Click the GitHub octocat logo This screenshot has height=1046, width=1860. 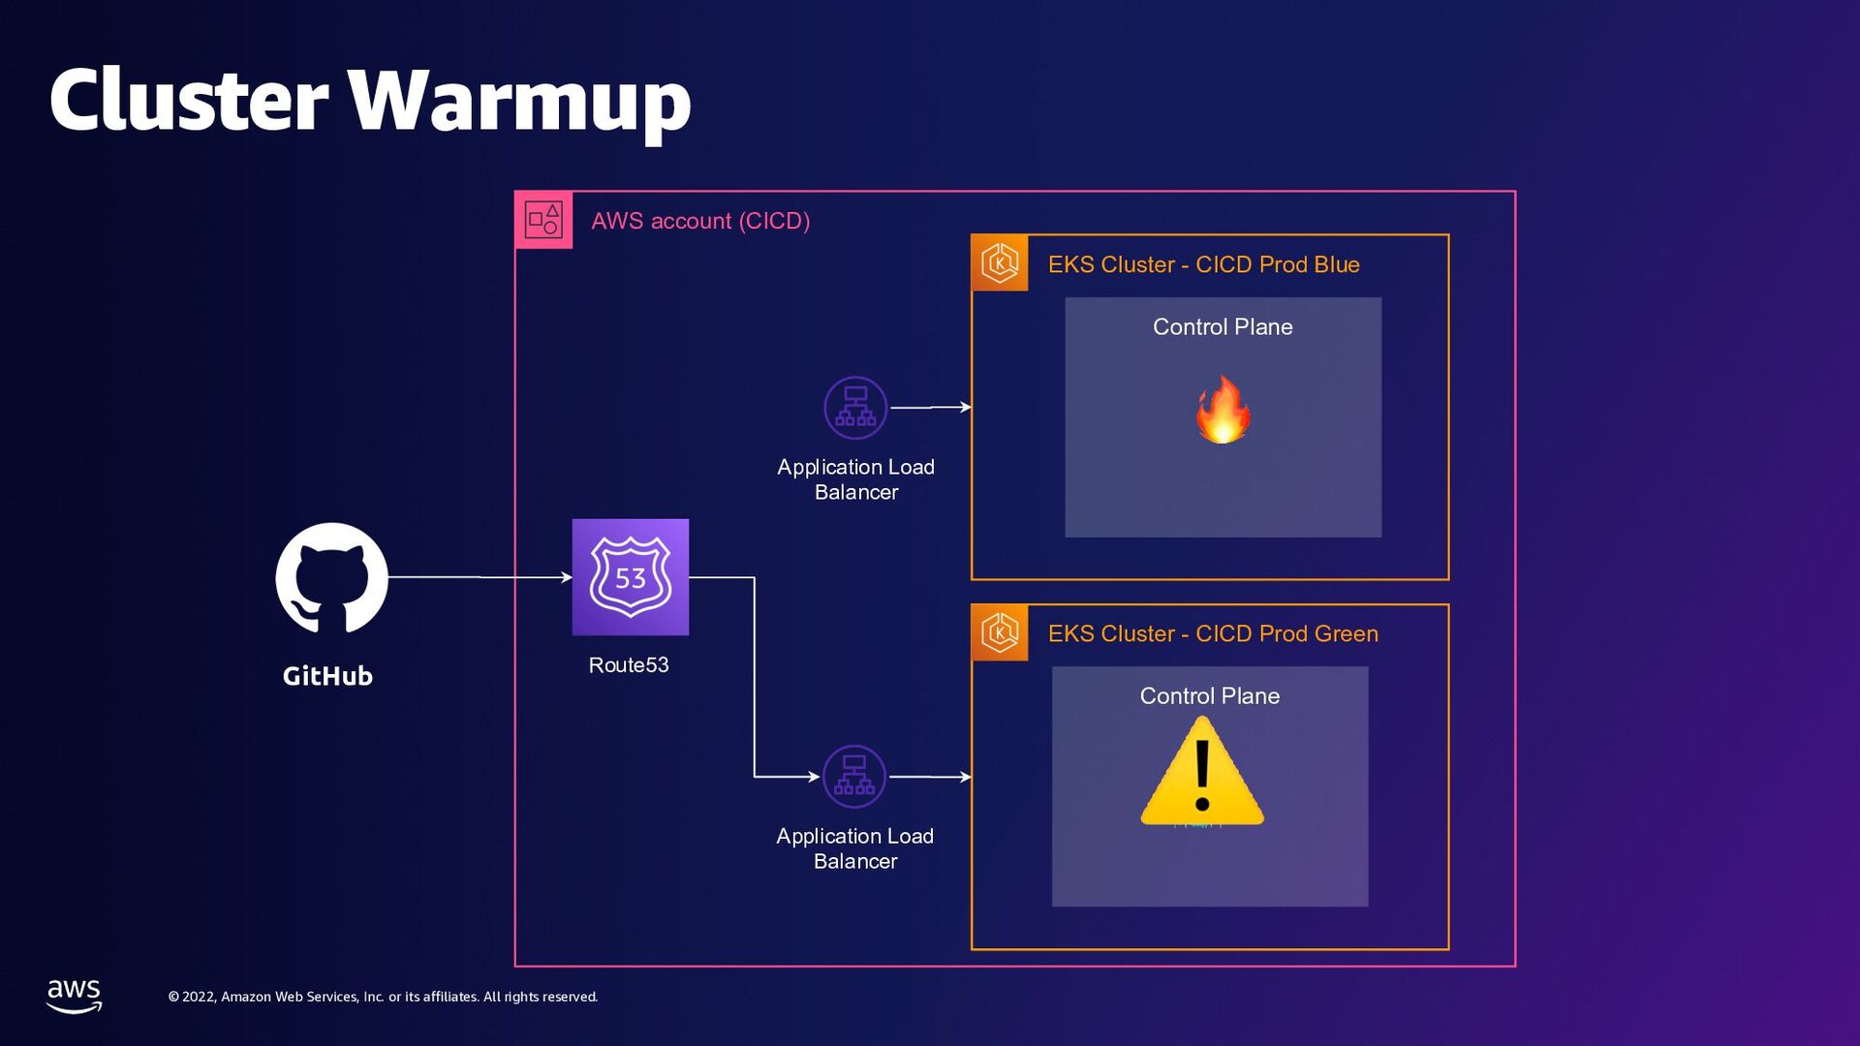[331, 578]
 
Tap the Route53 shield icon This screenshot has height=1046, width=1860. [630, 577]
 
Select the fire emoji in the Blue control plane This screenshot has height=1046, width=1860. [1223, 410]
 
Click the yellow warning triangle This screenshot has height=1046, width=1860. [1202, 772]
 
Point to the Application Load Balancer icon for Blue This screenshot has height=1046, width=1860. [855, 408]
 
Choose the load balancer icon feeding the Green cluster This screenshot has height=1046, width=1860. [854, 777]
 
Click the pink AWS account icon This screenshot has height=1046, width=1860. [543, 220]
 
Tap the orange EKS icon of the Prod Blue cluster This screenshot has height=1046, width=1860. [1000, 262]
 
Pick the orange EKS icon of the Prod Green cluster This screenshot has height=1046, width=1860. [1000, 632]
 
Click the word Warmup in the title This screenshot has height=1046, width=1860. [519, 101]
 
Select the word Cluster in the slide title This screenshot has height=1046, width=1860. [189, 101]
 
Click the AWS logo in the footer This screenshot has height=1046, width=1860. [75, 995]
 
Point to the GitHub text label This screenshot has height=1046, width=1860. [327, 676]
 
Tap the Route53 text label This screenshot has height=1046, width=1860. [629, 665]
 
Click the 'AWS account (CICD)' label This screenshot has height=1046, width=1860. [700, 221]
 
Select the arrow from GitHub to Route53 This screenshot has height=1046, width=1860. [480, 577]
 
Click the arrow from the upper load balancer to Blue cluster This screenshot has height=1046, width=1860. [930, 408]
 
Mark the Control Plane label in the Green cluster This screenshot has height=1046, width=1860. [1209, 696]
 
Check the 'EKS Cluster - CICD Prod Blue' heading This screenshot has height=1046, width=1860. [1203, 264]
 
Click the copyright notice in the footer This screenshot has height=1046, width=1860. [383, 997]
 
